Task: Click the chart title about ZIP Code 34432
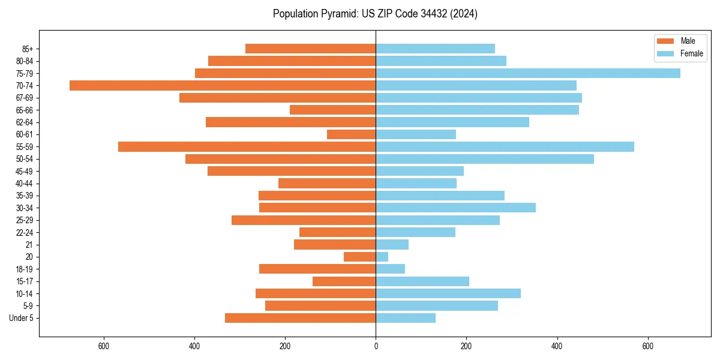[375, 14]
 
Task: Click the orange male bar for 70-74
[223, 86]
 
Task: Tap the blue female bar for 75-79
[528, 73]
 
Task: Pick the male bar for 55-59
[247, 147]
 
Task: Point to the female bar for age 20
[382, 257]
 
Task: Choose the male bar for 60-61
[351, 134]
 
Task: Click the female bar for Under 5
[406, 318]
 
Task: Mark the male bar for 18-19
[317, 269]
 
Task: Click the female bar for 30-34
[456, 208]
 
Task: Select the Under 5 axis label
[21, 318]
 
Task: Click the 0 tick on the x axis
[376, 346]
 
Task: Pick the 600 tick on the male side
[104, 346]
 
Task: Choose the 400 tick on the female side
[557, 346]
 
